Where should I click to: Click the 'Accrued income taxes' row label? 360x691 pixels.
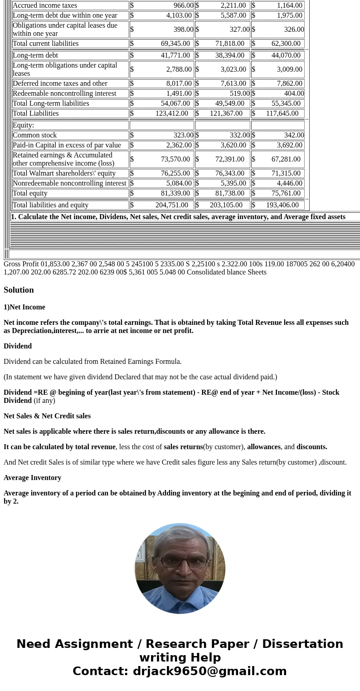pyautogui.click(x=45, y=5)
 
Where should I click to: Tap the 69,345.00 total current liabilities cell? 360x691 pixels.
pyautogui.click(x=175, y=44)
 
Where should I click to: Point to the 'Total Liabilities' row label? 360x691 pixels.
pyautogui.click(x=36, y=113)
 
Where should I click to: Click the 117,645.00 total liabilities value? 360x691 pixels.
pyautogui.click(x=282, y=113)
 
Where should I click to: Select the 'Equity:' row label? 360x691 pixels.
pyautogui.click(x=24, y=125)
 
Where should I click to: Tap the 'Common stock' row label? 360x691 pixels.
pyautogui.click(x=35, y=135)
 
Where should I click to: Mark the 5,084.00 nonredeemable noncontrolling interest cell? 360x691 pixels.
pyautogui.click(x=179, y=183)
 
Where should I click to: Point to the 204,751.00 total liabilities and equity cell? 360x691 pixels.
pyautogui.click(x=171, y=205)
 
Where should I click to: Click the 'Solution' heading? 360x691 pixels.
pyautogui.click(x=19, y=290)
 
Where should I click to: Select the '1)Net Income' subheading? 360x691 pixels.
pyautogui.click(x=24, y=307)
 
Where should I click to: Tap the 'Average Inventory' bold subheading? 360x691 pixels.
pyautogui.click(x=32, y=478)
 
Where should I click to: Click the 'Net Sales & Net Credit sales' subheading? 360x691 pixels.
pyautogui.click(x=47, y=416)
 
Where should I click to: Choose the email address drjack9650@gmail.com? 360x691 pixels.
pyautogui.click(x=209, y=671)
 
